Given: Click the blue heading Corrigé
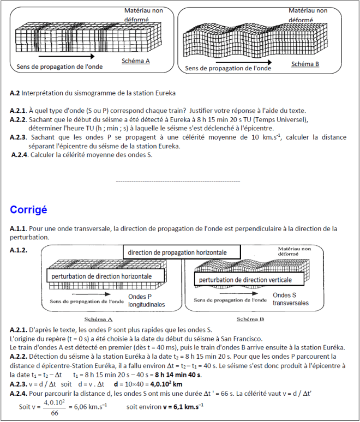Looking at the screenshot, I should tap(28, 210).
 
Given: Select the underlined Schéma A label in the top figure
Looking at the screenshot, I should tap(135, 61).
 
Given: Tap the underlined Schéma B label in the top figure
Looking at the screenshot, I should tap(305, 64).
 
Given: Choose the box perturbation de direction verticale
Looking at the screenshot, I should tap(245, 280).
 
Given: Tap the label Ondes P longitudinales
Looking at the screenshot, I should tap(146, 301).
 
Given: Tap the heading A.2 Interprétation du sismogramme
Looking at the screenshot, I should tap(93, 93).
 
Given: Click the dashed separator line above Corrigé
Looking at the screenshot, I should tap(178, 180).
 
